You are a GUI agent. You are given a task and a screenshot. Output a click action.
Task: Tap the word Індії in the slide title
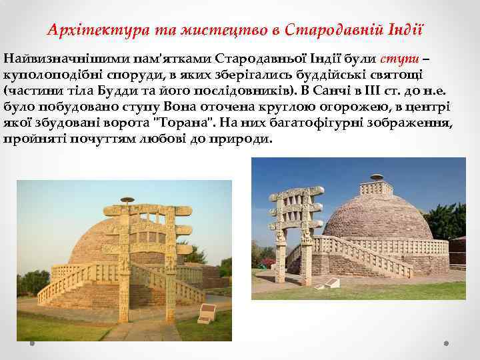[406, 30]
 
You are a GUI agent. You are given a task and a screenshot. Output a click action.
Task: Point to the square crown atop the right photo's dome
[378, 179]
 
